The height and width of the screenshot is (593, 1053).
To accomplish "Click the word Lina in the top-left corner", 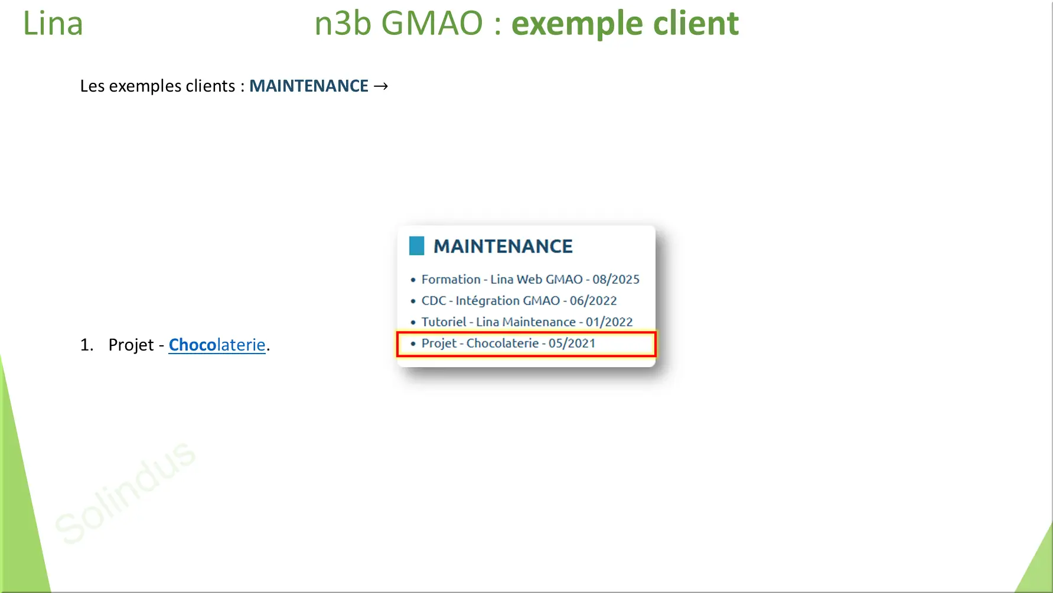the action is click(53, 24).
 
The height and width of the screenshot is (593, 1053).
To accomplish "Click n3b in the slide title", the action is click(343, 24).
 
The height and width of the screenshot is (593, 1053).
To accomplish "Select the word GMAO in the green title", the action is click(432, 24).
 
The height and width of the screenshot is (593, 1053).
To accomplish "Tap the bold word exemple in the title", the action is click(576, 25).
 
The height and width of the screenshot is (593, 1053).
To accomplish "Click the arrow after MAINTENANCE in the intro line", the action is click(382, 86).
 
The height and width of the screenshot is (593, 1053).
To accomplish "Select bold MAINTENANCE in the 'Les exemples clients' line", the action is click(309, 86).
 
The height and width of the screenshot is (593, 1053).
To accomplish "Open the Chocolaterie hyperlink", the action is click(217, 345).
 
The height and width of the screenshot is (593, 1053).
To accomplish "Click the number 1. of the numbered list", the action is click(87, 345).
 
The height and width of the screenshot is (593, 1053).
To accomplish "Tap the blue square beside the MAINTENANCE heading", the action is click(417, 246).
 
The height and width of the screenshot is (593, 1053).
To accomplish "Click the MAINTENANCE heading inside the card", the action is click(503, 247).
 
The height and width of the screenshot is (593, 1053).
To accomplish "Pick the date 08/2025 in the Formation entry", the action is click(616, 280).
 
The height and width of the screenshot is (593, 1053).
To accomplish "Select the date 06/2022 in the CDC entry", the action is click(593, 301).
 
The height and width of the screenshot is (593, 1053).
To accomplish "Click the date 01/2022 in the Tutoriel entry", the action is click(609, 322).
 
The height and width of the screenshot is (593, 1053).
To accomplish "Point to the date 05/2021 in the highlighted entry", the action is click(572, 344).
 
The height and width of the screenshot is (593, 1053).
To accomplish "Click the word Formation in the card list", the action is click(451, 280).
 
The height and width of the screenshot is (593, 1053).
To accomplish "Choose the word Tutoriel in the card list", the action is click(444, 322).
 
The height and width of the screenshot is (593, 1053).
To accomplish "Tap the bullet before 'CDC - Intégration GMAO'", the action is click(413, 301).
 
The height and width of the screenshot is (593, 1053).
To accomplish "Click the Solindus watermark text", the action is click(125, 492).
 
